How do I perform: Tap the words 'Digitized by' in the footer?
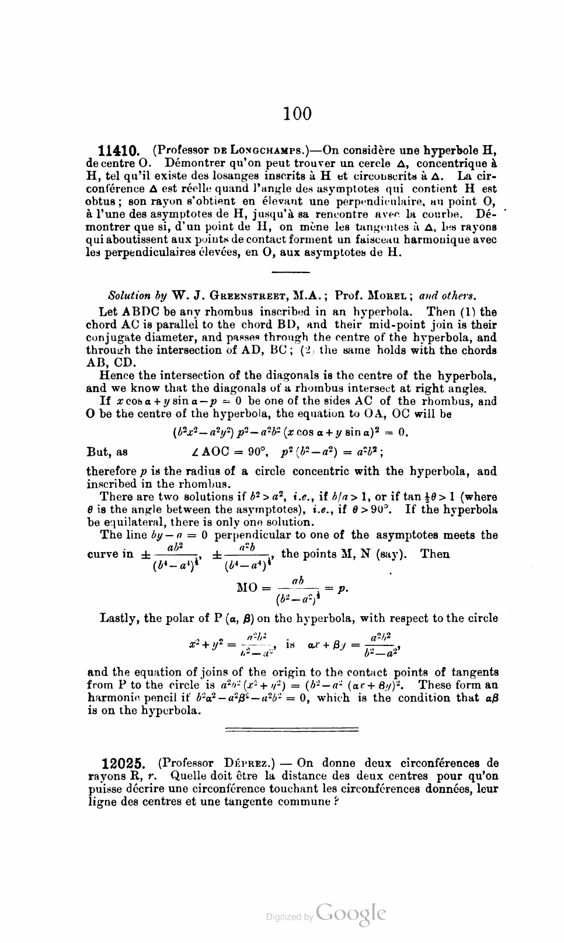click(290, 917)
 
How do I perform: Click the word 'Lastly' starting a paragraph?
click(119, 618)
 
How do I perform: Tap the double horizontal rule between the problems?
click(292, 728)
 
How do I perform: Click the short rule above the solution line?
click(291, 272)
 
